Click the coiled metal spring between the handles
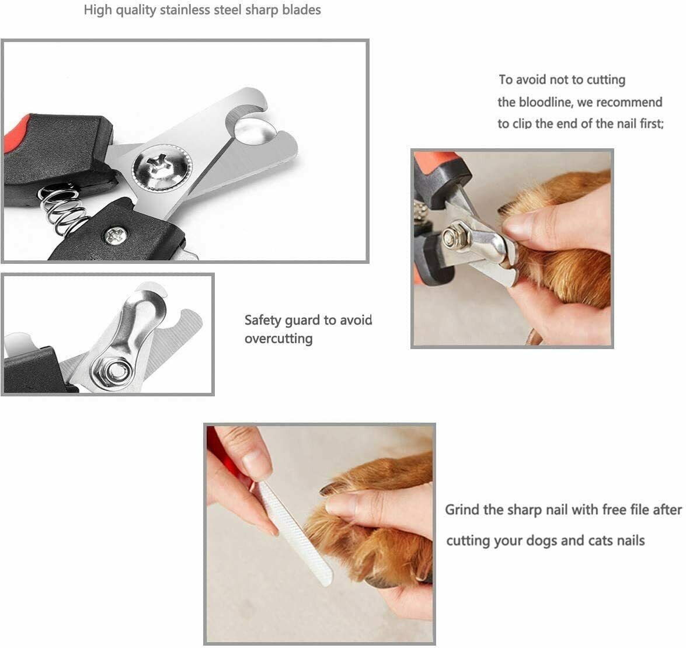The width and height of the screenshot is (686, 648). pos(63,209)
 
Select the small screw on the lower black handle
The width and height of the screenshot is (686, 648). pos(115,235)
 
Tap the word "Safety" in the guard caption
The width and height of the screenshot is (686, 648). pos(263,320)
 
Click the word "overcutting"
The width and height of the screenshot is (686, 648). pos(278,339)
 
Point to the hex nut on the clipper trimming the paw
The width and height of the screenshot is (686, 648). pos(450,237)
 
